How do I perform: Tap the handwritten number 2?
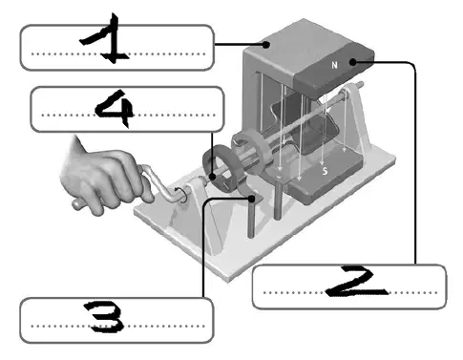(x=356, y=282)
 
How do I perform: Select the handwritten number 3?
(x=104, y=317)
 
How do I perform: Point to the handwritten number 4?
(x=116, y=108)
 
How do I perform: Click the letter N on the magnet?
(x=334, y=65)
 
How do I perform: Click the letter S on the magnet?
(x=325, y=171)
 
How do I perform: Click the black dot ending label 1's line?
(x=266, y=45)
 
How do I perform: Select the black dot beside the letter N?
(x=353, y=62)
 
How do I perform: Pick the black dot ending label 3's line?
(x=252, y=199)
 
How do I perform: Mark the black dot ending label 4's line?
(x=213, y=176)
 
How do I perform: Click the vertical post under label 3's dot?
(x=251, y=220)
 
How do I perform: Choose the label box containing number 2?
(x=349, y=286)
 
